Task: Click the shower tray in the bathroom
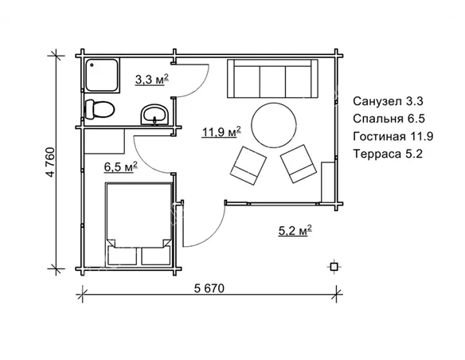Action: [x=102, y=76]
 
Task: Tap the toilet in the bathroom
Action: [x=100, y=109]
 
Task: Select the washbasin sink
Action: [x=154, y=115]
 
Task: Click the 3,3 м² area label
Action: [x=152, y=80]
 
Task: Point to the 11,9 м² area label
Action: [x=221, y=132]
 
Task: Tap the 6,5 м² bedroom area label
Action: [x=121, y=166]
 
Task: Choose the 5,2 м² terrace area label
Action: [x=295, y=230]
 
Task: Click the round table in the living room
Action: [x=274, y=125]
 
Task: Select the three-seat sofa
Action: [x=272, y=79]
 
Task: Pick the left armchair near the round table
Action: [x=248, y=166]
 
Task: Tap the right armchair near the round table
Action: [x=299, y=164]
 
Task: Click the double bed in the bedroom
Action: [x=139, y=224]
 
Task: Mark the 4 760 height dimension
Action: [x=51, y=162]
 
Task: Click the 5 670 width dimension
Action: [x=209, y=288]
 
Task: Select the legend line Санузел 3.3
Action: [x=388, y=101]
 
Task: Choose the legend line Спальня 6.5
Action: [x=389, y=119]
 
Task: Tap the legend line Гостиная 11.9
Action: [x=393, y=136]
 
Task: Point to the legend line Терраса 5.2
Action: [x=388, y=154]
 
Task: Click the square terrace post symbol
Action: [x=334, y=267]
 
